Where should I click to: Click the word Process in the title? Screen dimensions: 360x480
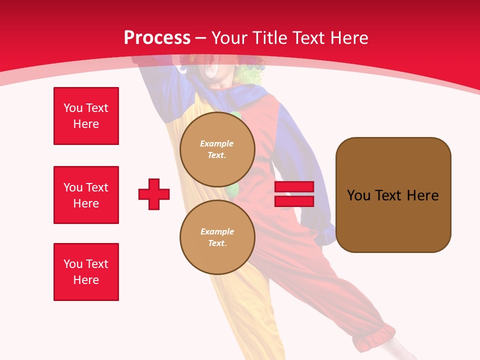coord(157,37)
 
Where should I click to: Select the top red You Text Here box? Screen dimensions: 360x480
coord(86,116)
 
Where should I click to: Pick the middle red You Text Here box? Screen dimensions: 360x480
coord(86,195)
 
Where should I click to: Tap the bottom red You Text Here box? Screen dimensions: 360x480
coord(86,272)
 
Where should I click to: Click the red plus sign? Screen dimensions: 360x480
coord(154,194)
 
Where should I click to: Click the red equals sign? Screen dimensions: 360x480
coord(294,194)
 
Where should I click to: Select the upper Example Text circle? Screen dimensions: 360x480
coord(217,149)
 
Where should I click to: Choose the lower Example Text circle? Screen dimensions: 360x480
coord(217,237)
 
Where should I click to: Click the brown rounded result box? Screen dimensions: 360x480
coord(393,195)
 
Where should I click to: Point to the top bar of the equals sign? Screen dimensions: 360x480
coord(294,187)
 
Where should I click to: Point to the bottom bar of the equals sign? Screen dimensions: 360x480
coord(294,201)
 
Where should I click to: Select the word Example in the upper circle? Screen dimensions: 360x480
coord(217,143)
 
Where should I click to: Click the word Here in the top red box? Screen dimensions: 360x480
coord(86,124)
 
